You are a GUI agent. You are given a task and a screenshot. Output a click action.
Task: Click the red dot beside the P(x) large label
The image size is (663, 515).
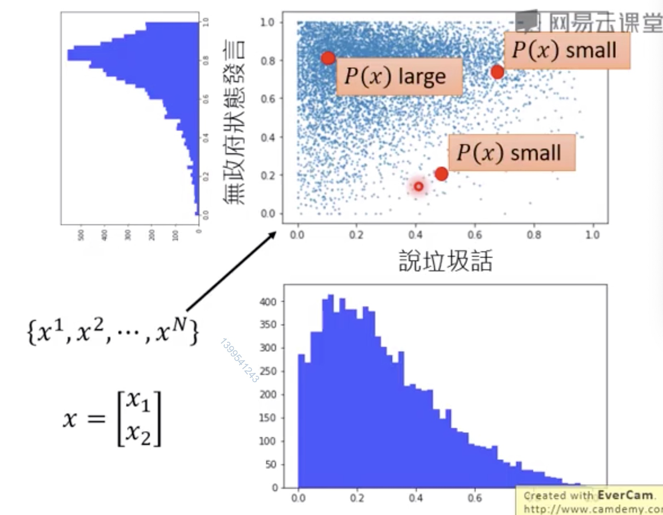(x=328, y=58)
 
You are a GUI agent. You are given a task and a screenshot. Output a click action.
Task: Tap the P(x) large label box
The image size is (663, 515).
(x=399, y=76)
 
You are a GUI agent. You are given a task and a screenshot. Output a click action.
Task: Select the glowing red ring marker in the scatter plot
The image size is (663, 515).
(x=418, y=186)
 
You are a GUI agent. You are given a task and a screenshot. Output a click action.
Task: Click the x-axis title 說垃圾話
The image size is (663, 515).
(x=446, y=261)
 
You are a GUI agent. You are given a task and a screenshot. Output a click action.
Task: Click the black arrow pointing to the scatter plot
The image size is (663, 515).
(x=232, y=271)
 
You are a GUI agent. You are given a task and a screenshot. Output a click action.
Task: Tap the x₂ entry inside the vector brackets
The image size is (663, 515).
(x=138, y=434)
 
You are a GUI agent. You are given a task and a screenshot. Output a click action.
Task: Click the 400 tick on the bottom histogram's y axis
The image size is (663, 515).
(x=267, y=302)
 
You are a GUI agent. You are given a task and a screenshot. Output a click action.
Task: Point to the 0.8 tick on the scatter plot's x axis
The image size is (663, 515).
(x=534, y=235)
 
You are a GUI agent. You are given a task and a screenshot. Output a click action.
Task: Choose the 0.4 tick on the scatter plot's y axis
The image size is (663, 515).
(x=268, y=137)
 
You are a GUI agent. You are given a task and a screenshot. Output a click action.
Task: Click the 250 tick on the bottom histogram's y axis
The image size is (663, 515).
(x=267, y=371)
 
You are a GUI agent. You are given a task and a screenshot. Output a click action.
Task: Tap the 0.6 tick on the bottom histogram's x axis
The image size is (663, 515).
(x=475, y=498)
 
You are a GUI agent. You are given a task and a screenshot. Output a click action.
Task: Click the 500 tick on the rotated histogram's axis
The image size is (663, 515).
(x=81, y=235)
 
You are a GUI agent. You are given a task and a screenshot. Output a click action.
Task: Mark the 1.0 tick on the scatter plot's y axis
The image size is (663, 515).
(x=267, y=22)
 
